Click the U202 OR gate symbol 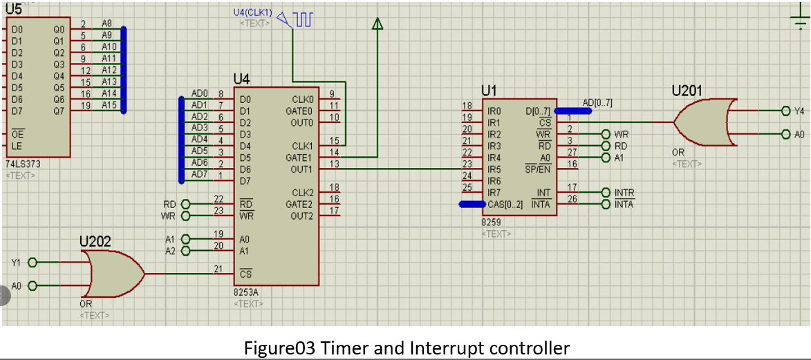[114, 274]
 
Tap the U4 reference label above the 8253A [241, 79]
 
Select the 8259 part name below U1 [490, 222]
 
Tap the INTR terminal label [624, 193]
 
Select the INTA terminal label [624, 205]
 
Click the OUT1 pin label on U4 [302, 169]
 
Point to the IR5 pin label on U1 [494, 169]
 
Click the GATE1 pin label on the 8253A [299, 158]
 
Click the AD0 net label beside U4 [199, 93]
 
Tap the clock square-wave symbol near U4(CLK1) [304, 19]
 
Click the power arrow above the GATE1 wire [377, 23]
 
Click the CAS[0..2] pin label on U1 [505, 205]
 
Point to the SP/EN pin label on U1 [538, 169]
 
